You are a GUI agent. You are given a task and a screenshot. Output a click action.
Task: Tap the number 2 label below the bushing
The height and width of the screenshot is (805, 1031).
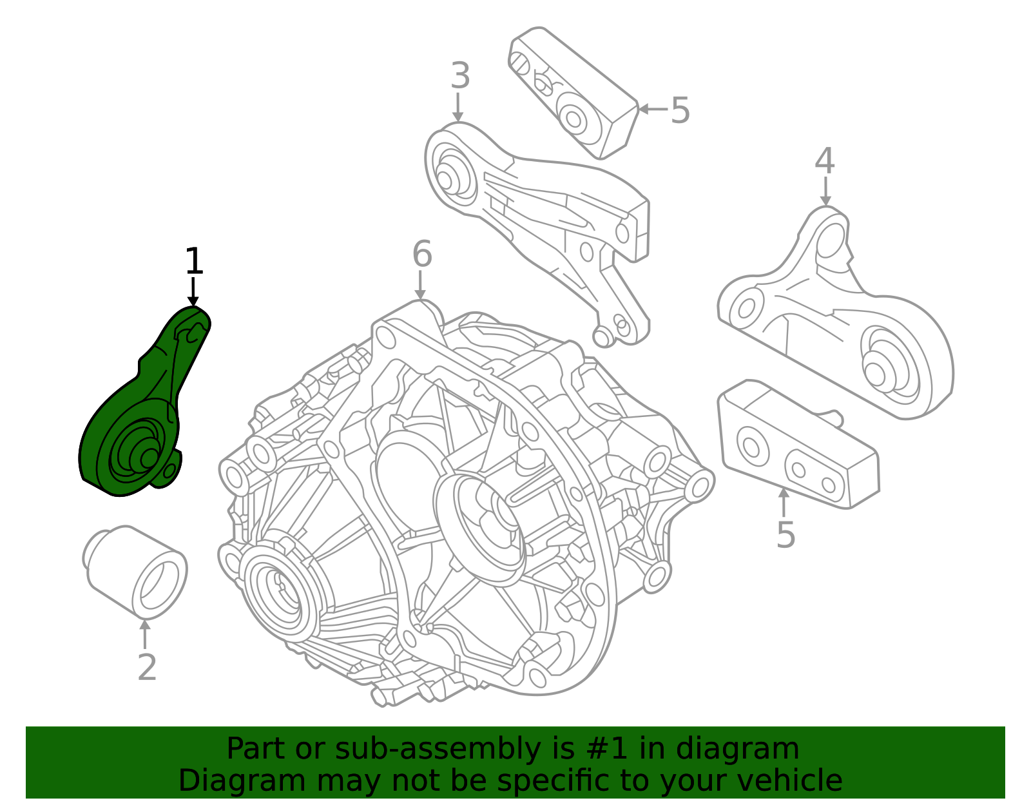(147, 668)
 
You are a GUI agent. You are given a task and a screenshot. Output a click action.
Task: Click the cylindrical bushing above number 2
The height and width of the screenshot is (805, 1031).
(135, 572)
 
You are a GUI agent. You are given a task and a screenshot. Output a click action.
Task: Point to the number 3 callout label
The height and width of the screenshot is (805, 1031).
(460, 75)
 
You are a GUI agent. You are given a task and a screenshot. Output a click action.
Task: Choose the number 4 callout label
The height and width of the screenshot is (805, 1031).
(825, 160)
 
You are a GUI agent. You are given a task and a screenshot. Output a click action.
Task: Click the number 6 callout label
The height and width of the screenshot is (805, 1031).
(422, 253)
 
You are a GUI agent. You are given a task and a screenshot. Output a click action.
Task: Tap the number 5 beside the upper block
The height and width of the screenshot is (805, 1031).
(680, 110)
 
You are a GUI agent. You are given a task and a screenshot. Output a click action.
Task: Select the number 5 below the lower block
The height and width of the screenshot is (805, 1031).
(785, 534)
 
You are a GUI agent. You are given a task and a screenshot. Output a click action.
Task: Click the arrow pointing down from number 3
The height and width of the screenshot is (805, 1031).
(458, 107)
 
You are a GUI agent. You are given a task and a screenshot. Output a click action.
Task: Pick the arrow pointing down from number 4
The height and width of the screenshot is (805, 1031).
(825, 191)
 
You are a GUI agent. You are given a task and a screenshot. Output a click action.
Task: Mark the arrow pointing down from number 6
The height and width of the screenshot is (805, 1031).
(420, 285)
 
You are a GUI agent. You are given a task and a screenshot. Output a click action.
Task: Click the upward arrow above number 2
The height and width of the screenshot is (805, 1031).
(145, 634)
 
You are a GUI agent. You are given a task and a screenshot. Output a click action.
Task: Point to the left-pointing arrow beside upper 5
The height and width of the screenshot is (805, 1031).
(653, 109)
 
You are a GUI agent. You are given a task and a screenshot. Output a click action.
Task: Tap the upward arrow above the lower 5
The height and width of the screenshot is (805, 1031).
(784, 502)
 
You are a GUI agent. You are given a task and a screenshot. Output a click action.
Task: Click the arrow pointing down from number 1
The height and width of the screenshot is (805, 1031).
(193, 292)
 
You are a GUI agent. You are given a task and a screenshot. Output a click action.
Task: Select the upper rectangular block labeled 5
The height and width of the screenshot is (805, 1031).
(573, 93)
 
